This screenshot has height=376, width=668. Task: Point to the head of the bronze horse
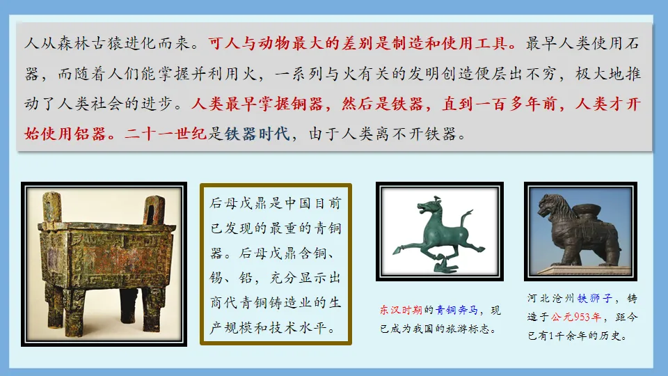coord(423,207)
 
